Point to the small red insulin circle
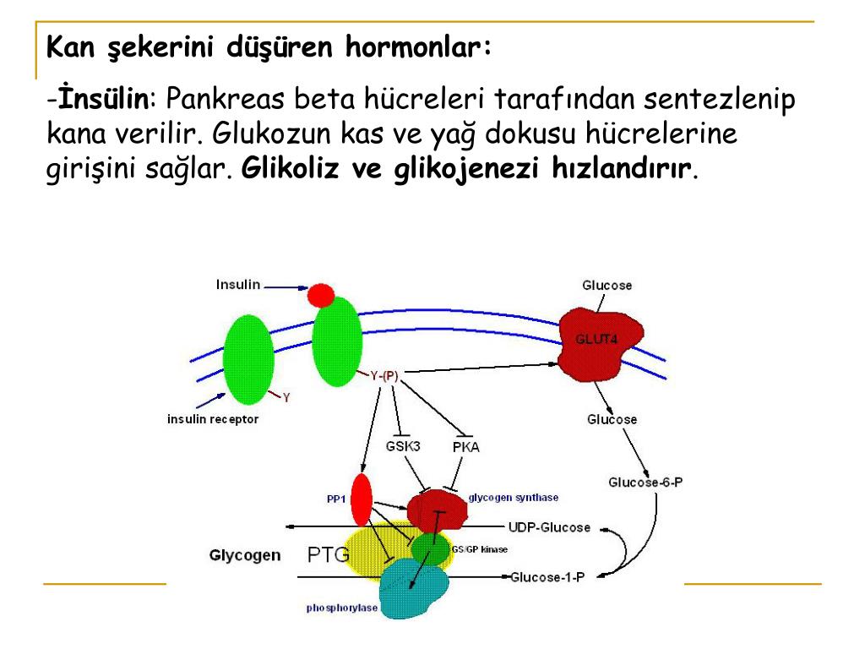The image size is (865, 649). [x=321, y=295]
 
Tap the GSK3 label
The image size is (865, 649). [x=403, y=445]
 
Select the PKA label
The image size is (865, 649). [x=465, y=446]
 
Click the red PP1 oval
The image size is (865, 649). [x=362, y=499]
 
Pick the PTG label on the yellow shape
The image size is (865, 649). [x=329, y=555]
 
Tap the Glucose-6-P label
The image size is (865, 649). [x=645, y=482]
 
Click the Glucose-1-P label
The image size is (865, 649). [x=547, y=577]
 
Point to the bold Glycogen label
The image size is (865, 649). [x=245, y=555]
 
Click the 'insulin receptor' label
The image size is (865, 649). [x=213, y=418]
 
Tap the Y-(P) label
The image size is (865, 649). [x=384, y=375]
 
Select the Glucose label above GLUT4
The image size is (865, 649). [x=607, y=285]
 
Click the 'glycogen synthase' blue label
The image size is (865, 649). [x=513, y=498]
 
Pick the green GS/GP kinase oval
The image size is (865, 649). [x=431, y=549]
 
